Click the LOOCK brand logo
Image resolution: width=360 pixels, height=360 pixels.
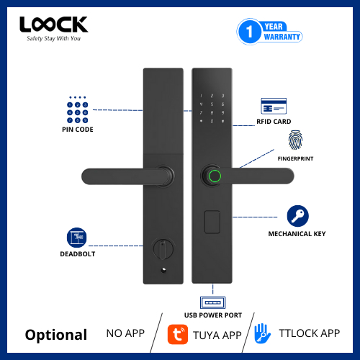pyautogui.click(x=54, y=24)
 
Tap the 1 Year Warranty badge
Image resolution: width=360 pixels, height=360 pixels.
pyautogui.click(x=269, y=32)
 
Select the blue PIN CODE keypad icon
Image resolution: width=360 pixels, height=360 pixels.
pyautogui.click(x=77, y=109)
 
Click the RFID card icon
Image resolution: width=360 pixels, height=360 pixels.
pyautogui.click(x=274, y=106)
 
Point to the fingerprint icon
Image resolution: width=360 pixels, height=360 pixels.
pyautogui.click(x=295, y=140)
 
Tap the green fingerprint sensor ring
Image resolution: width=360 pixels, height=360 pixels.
pyautogui.click(x=215, y=176)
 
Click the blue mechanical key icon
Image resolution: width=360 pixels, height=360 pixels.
pyautogui.click(x=297, y=216)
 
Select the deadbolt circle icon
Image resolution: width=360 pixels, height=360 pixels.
pyautogui.click(x=77, y=238)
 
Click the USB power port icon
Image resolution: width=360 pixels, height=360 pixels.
pyautogui.click(x=212, y=302)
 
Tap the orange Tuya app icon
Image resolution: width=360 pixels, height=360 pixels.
pyautogui.click(x=178, y=334)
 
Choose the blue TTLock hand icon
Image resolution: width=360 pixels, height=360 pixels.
pyautogui.click(x=262, y=333)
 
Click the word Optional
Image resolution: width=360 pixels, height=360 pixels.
pyautogui.click(x=56, y=336)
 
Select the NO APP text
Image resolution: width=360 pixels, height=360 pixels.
pyautogui.click(x=125, y=333)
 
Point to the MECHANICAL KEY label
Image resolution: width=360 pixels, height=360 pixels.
pyautogui.click(x=297, y=234)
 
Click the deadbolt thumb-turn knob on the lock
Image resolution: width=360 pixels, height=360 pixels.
pyautogui.click(x=163, y=249)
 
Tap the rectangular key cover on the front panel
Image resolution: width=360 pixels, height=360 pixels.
pyautogui.click(x=212, y=222)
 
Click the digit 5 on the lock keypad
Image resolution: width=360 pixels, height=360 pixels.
pyautogui.click(x=212, y=104)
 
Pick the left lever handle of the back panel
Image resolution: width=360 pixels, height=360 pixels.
pyautogui.click(x=127, y=176)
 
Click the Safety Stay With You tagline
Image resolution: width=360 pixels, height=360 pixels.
pyautogui.click(x=53, y=39)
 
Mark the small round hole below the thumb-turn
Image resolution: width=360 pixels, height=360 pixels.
pyautogui.click(x=163, y=270)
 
